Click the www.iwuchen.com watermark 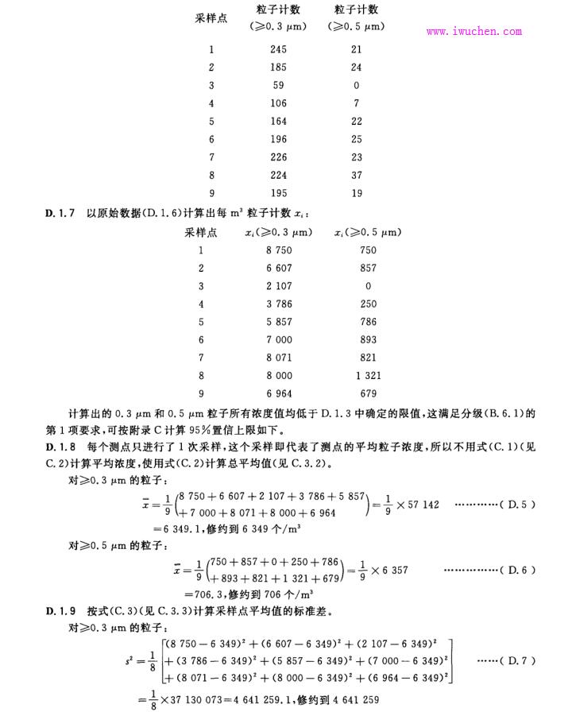tap(474, 32)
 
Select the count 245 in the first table tap(278, 49)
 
